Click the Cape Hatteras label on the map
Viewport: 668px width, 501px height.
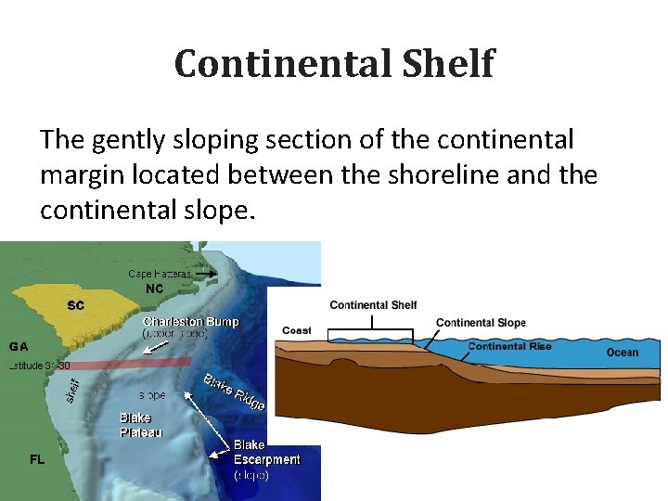point(160,274)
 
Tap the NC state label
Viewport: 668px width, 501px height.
point(155,289)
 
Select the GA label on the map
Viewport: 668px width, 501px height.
point(19,346)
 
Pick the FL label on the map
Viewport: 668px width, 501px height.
point(37,459)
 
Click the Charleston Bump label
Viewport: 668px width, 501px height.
point(190,322)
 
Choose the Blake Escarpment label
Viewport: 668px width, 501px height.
point(266,452)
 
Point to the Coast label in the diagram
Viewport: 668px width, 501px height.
point(297,330)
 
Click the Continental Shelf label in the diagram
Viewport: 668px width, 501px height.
point(373,305)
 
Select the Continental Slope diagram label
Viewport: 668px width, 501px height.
point(480,323)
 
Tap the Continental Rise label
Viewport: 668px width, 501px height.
point(509,346)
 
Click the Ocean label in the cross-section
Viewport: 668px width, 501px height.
point(623,352)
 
